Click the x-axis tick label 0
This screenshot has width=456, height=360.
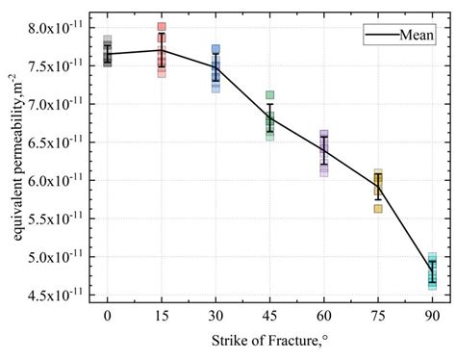point(107,313)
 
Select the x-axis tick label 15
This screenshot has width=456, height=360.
point(162,313)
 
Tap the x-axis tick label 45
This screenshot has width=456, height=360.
point(270,313)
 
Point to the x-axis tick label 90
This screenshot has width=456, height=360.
point(433,313)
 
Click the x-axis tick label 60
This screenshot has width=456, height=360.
point(324,313)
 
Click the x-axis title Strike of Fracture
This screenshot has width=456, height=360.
point(269,341)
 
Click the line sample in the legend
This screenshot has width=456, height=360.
point(380,37)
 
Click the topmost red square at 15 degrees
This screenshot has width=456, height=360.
point(162,27)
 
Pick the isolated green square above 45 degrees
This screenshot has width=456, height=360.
point(270,95)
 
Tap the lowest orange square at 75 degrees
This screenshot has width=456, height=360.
point(378,208)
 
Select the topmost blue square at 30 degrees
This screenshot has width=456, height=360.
point(215,49)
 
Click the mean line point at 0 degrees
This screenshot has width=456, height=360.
point(107,54)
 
